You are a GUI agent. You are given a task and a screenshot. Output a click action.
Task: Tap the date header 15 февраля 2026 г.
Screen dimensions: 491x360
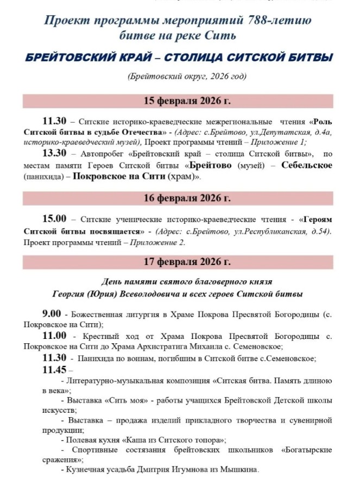coord(180,100)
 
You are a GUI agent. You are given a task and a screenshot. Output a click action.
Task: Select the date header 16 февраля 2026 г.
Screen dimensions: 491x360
coord(180,198)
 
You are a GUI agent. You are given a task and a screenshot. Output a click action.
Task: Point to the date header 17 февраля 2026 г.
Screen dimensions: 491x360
coord(180,262)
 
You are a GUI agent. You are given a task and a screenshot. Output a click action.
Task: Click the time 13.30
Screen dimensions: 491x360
coord(54,153)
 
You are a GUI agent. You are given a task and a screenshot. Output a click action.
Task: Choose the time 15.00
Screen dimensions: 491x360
coord(54,219)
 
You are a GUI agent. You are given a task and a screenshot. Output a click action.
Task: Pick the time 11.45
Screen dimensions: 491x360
coord(54,369)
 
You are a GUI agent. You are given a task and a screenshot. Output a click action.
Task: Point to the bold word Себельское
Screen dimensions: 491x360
coord(307,165)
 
